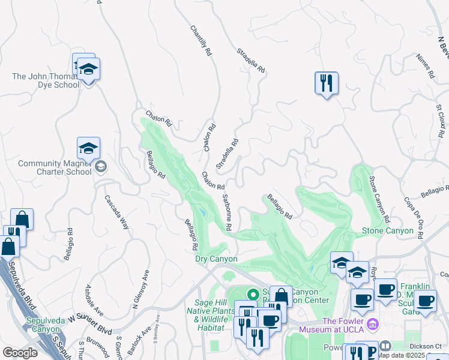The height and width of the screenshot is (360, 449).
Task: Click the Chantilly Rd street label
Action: pyautogui.click(x=201, y=41)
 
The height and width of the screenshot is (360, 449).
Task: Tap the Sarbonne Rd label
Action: pyautogui.click(x=227, y=212)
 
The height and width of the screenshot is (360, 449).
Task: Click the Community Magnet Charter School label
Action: pyautogui.click(x=55, y=167)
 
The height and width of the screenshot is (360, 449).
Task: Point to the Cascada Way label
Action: pyautogui.click(x=117, y=212)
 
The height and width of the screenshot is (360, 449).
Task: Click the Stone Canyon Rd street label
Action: pyautogui.click(x=379, y=197)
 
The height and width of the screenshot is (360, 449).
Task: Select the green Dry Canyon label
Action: pyautogui.click(x=216, y=259)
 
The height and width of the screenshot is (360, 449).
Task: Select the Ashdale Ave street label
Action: pyautogui.click(x=95, y=301)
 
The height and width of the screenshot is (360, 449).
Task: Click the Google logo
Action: pyautogui.click(x=19, y=353)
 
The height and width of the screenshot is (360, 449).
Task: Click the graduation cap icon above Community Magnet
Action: pyautogui.click(x=88, y=148)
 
